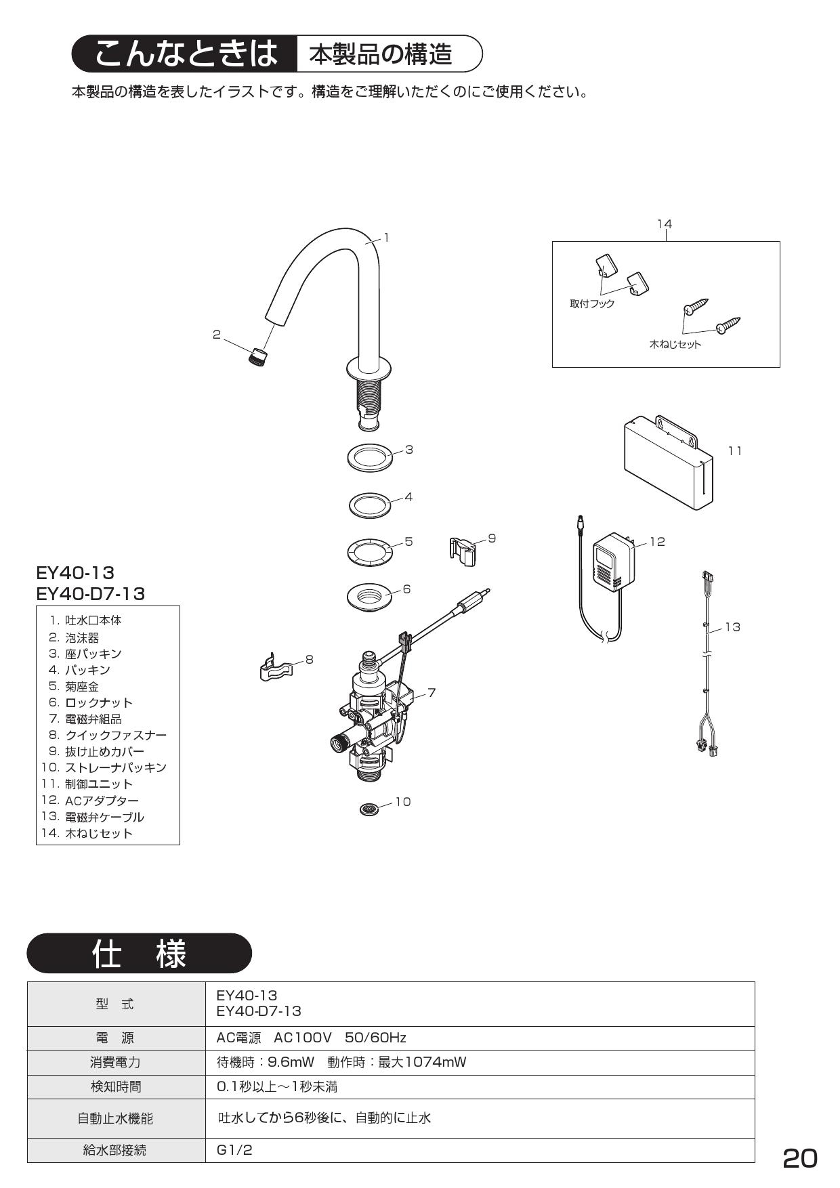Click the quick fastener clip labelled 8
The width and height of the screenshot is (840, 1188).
(278, 668)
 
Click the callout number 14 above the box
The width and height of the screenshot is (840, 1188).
(665, 224)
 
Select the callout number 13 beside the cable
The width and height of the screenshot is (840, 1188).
(732, 627)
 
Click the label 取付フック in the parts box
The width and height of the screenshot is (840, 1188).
(592, 304)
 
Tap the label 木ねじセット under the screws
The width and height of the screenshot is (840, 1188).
(675, 344)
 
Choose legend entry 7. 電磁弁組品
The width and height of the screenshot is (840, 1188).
(85, 719)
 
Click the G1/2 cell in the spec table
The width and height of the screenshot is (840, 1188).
(234, 1150)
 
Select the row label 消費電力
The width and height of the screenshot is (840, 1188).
(115, 1062)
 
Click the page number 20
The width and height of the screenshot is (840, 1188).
(799, 1158)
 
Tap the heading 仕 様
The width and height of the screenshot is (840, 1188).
(139, 954)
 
